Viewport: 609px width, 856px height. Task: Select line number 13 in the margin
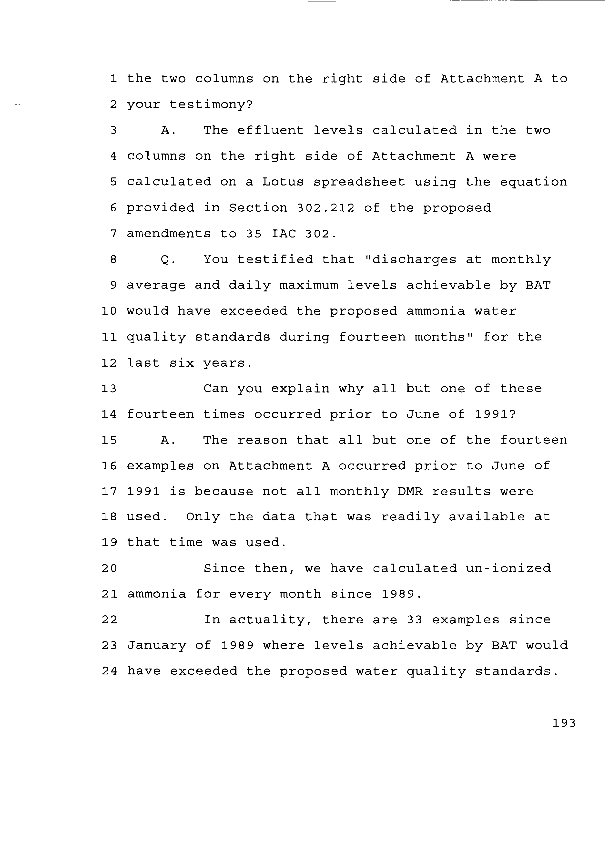pyautogui.click(x=109, y=388)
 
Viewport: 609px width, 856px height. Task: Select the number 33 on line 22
pyautogui.click(x=414, y=620)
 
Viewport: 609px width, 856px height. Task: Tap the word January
pyautogui.click(x=156, y=646)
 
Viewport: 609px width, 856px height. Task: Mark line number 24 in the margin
pyautogui.click(x=109, y=671)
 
